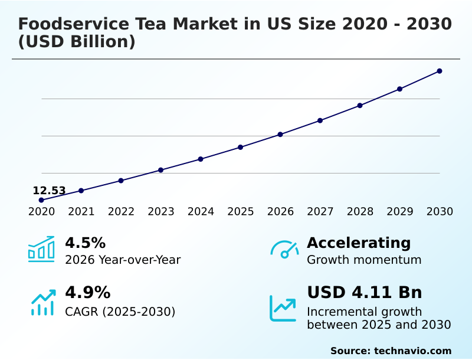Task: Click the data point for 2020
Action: (41, 200)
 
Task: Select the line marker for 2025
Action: (240, 147)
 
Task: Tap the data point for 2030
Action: (440, 71)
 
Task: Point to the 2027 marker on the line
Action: (320, 120)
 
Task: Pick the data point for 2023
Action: (160, 170)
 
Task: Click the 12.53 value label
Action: (49, 191)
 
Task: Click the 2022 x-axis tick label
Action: (121, 212)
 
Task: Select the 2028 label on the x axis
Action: (360, 212)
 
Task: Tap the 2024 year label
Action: (201, 212)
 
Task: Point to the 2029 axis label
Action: (400, 212)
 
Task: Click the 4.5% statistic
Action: (85, 243)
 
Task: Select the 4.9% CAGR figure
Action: (87, 293)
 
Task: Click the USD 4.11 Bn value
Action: (365, 293)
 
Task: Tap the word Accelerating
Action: (359, 243)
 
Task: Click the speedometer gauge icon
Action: (284, 250)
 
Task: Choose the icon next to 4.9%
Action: (43, 303)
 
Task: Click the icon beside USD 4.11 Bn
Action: (283, 308)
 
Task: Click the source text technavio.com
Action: (412, 351)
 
